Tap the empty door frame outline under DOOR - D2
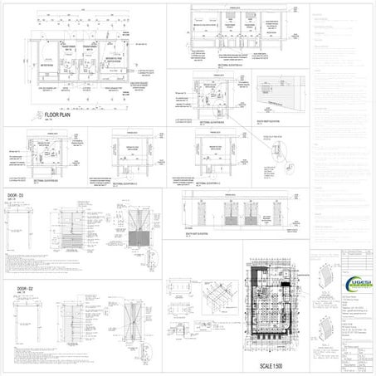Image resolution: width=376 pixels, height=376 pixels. point(15,319)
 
